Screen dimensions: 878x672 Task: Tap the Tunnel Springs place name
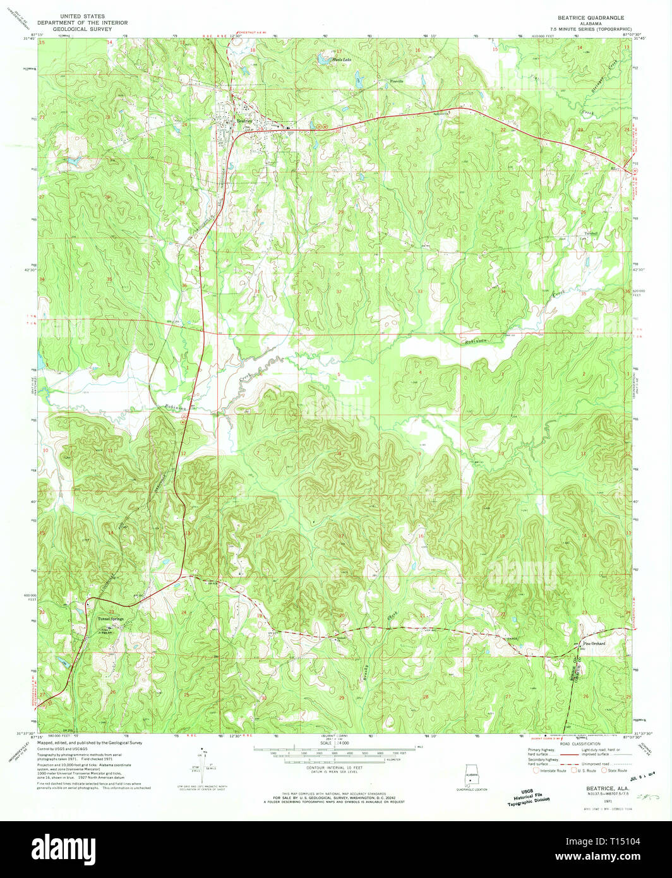111,618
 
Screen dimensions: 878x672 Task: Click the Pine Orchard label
593,644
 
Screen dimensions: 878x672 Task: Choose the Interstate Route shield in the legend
537,770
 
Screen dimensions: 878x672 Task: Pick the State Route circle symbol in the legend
604,770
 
